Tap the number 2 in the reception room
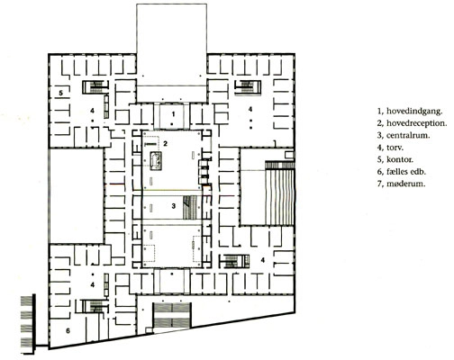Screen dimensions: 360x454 [166, 144]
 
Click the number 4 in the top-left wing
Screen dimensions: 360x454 [92, 111]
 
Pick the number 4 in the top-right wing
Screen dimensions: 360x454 [250, 109]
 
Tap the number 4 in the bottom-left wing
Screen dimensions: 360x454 [94, 283]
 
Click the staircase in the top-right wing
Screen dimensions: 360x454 [244, 86]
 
